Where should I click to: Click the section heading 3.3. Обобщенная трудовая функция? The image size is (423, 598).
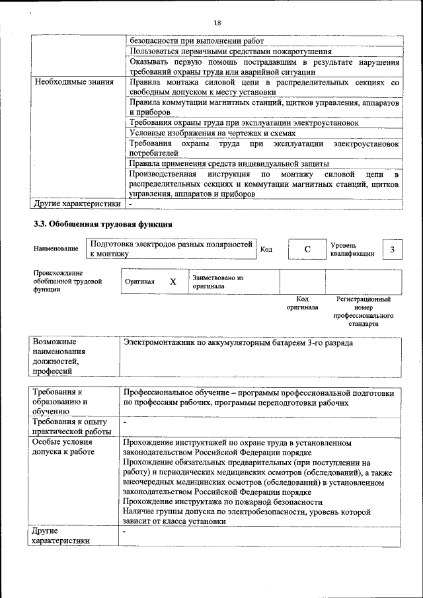pyautogui.click(x=103, y=224)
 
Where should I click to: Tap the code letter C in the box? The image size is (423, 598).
pyautogui.click(x=307, y=249)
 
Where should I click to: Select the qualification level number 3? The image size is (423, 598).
pyautogui.click(x=393, y=249)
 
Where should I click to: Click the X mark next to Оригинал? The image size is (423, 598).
pyautogui.click(x=173, y=281)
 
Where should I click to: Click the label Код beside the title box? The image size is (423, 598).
pyautogui.click(x=266, y=249)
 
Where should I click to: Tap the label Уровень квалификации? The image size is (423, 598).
pyautogui.click(x=353, y=249)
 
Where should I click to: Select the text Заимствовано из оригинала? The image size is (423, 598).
pyautogui.click(x=218, y=282)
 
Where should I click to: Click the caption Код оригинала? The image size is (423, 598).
pyautogui.click(x=302, y=303)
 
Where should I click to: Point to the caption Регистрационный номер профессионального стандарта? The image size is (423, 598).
pyautogui.click(x=364, y=312)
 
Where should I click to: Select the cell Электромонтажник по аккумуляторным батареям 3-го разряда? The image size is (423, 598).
pyautogui.click(x=239, y=344)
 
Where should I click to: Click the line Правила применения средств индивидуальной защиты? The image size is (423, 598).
pyautogui.click(x=229, y=164)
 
